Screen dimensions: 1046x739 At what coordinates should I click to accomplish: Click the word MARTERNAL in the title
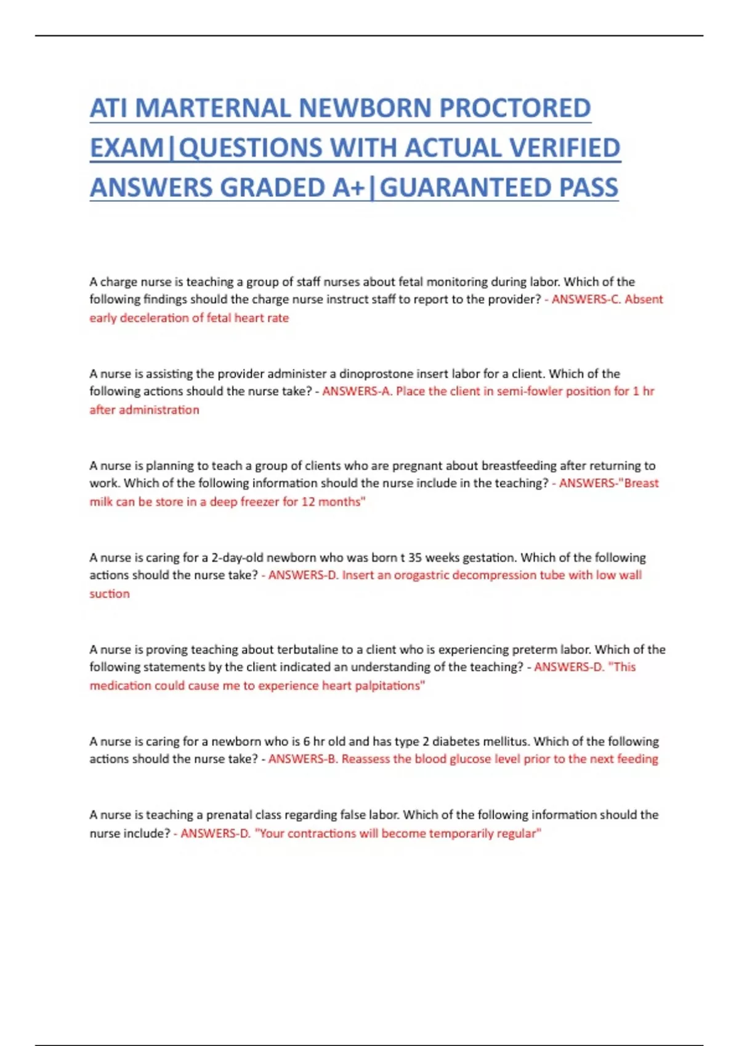point(214,108)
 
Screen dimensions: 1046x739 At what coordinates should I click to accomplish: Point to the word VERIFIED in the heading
point(559,148)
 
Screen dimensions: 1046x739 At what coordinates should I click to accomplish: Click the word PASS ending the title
point(588,188)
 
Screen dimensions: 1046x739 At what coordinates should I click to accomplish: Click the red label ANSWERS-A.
point(357,391)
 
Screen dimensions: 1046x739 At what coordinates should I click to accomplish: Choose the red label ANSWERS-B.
point(302,759)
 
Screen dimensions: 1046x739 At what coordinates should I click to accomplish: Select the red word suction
point(110,593)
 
